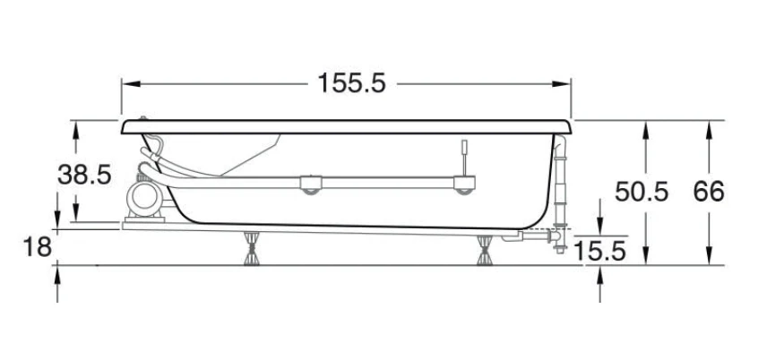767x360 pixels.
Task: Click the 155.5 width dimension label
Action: coord(352,83)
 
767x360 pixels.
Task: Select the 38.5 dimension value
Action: coord(84,175)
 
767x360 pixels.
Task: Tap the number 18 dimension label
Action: coord(37,247)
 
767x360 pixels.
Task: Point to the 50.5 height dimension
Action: coord(642,192)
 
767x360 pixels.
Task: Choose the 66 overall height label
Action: coord(709,192)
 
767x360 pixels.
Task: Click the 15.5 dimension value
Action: coord(599,252)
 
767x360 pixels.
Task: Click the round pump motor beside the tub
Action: coord(145,198)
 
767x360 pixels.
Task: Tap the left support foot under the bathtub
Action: coord(252,248)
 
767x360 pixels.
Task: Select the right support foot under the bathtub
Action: coord(485,250)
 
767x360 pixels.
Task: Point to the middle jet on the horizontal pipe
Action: coord(311,184)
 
